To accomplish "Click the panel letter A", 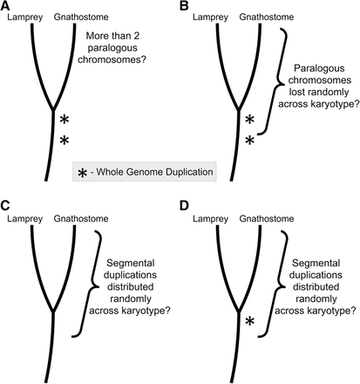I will point(7,6).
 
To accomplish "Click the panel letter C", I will point(7,204).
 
